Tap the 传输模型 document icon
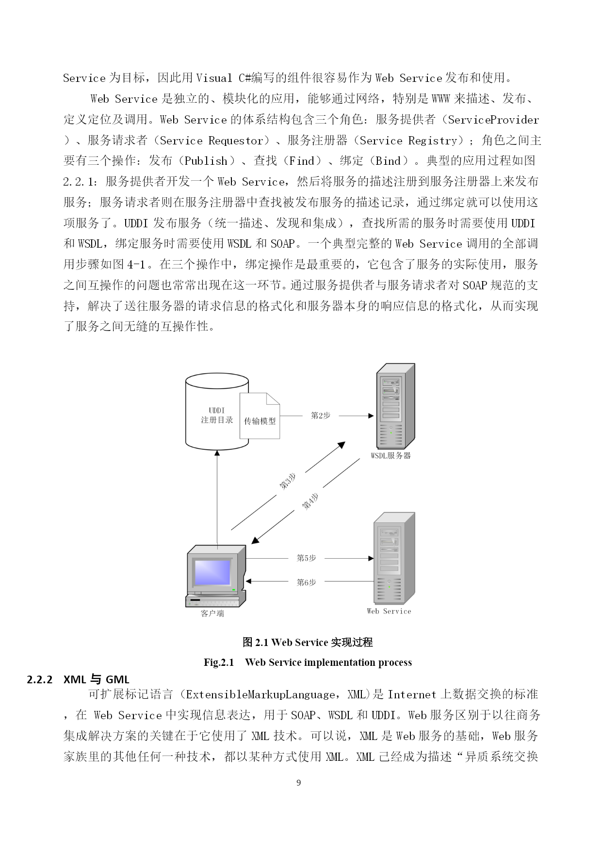point(260,416)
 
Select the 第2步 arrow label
point(321,415)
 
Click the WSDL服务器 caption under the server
point(390,456)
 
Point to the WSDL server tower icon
point(396,406)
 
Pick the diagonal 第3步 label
point(288,481)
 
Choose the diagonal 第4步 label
point(310,501)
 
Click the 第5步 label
point(307,558)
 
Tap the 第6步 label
point(307,582)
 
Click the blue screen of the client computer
point(212,572)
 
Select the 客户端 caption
point(212,614)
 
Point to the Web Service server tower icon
point(394,557)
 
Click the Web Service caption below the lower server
point(389,612)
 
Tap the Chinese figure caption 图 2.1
point(308,642)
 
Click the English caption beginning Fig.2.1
point(308,662)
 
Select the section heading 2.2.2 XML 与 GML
point(78,679)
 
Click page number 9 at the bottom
point(298,783)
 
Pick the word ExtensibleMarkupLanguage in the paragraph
point(260,694)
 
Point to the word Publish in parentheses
point(206,161)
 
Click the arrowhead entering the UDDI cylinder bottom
point(217,453)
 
